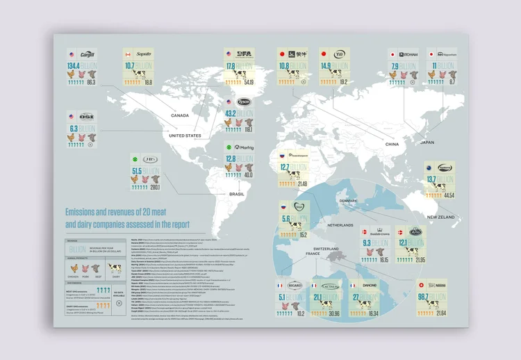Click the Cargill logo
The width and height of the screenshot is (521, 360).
click(x=88, y=54)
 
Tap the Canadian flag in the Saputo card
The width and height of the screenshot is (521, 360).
click(x=127, y=54)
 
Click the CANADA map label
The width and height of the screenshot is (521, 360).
click(x=180, y=115)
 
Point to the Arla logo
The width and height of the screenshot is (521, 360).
click(x=415, y=231)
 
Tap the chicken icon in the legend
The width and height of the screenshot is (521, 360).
click(x=74, y=267)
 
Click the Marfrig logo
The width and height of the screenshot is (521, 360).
click(x=244, y=147)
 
